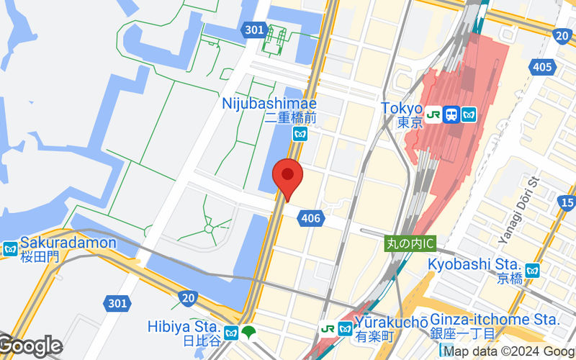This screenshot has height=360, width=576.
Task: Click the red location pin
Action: click(x=287, y=176)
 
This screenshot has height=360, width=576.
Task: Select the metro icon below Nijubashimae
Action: click(x=301, y=133)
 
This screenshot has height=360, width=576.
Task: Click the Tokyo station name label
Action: click(x=400, y=108)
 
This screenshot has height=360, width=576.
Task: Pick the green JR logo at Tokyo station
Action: click(x=433, y=114)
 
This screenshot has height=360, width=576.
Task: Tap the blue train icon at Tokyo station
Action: click(x=451, y=114)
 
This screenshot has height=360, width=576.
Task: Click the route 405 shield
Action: click(x=543, y=68)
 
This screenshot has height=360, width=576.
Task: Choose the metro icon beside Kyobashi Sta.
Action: click(x=532, y=270)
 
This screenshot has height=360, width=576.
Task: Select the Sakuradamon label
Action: click(x=68, y=243)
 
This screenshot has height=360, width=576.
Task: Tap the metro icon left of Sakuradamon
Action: click(x=10, y=249)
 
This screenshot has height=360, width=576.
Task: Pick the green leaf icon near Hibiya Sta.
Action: click(x=249, y=332)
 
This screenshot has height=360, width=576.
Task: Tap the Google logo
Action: click(x=30, y=346)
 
